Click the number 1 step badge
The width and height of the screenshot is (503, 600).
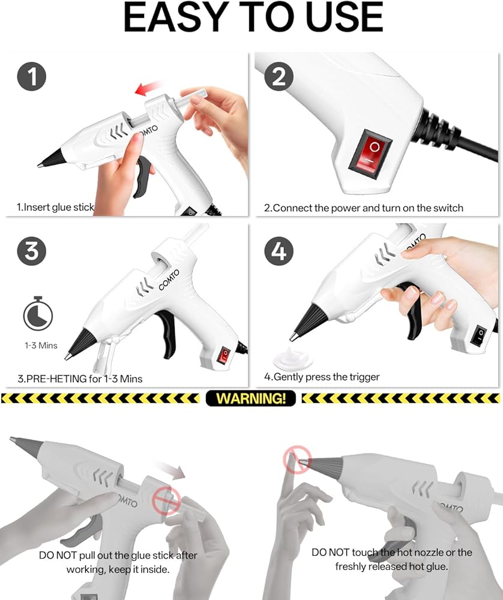(x=32, y=76)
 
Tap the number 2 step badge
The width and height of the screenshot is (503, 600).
(x=279, y=76)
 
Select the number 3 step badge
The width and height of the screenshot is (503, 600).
(x=32, y=251)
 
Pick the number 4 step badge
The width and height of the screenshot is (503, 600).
(x=279, y=251)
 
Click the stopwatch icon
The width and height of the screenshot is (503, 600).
(x=38, y=313)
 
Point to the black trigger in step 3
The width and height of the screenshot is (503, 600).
(x=166, y=333)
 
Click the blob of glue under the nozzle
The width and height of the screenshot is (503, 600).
(x=294, y=359)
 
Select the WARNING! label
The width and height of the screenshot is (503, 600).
(x=251, y=398)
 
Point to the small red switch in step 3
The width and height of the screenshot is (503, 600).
(x=223, y=355)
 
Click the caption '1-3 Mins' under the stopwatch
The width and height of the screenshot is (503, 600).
(x=41, y=346)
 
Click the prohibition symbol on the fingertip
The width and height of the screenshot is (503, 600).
(x=297, y=459)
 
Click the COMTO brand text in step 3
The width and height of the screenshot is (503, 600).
(x=169, y=280)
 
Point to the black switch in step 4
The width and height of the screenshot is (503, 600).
(x=478, y=336)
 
